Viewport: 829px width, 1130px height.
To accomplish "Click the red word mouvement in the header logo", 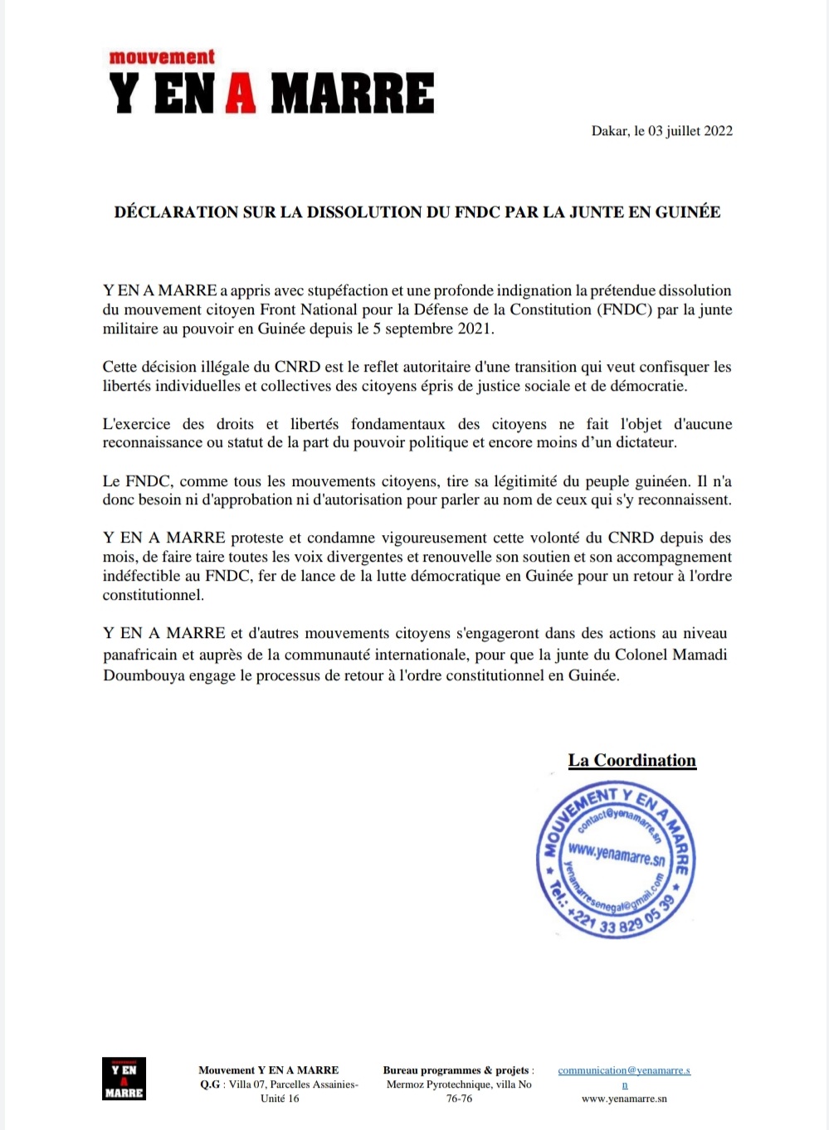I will click(162, 57).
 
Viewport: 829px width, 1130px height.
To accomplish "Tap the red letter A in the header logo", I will click(241, 93).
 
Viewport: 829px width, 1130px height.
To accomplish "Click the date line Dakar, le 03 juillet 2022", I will click(661, 131).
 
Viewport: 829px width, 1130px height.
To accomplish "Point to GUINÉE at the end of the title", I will click(687, 212).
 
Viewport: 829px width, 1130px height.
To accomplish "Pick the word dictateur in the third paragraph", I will click(643, 443).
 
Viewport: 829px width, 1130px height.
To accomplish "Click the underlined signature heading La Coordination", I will click(632, 761).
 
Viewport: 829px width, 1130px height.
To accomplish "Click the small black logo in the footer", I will click(124, 1079).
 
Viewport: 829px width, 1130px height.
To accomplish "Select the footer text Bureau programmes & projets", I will click(456, 1071).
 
